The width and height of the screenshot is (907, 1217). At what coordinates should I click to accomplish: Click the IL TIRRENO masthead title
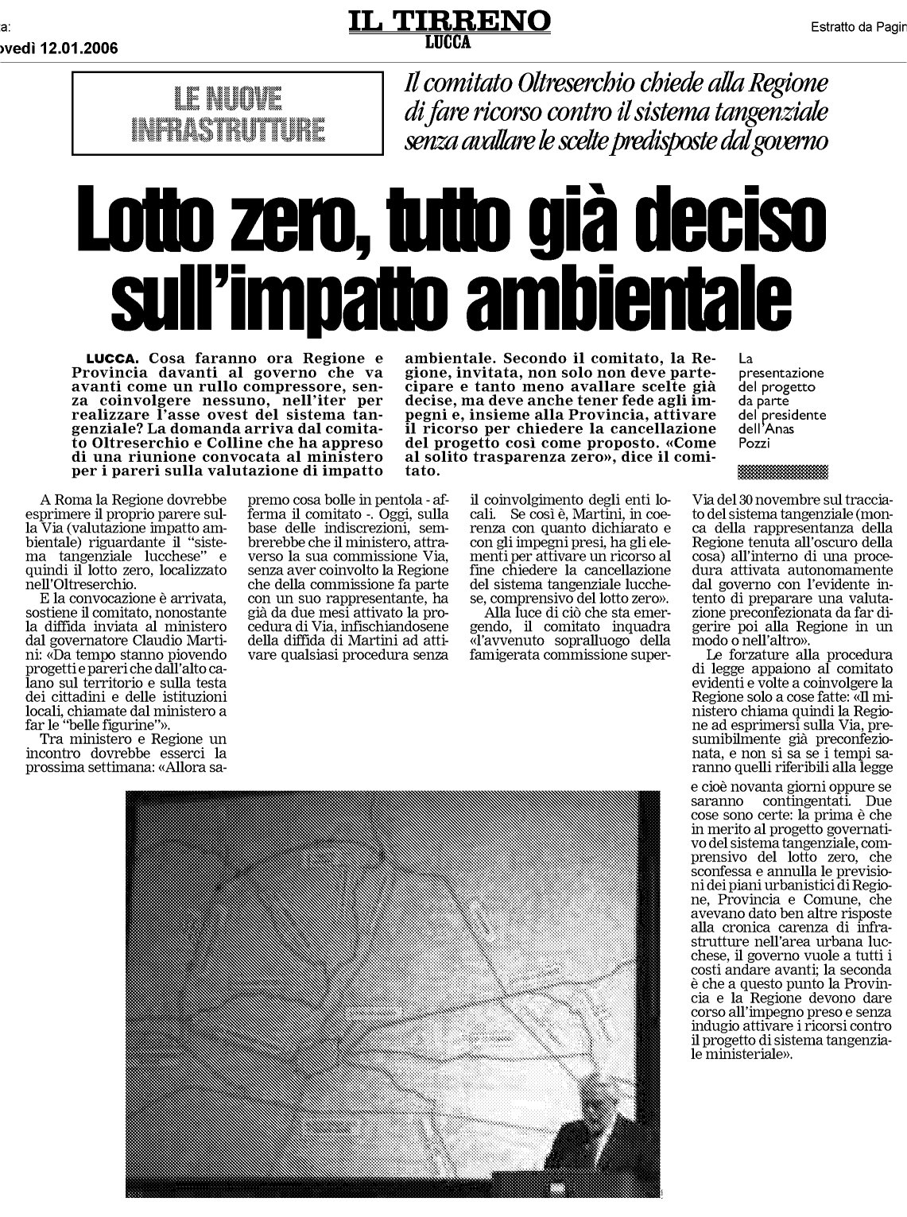click(448, 20)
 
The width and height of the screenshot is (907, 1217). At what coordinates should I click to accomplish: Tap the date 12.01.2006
click(78, 48)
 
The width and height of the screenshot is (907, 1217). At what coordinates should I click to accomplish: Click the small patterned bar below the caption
click(782, 472)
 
